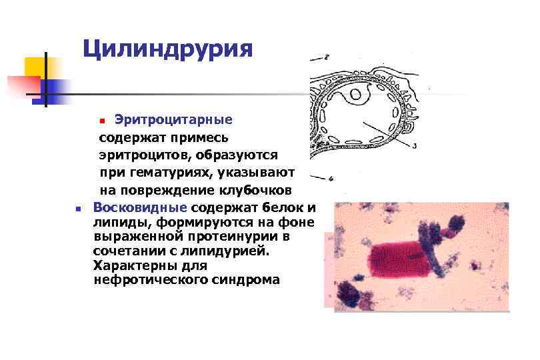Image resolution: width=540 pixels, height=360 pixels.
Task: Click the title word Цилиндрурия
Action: point(168,49)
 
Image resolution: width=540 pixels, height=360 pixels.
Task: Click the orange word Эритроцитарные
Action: point(173,120)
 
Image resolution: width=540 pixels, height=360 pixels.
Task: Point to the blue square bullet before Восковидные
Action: point(78,208)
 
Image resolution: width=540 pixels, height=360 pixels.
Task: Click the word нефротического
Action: point(150,280)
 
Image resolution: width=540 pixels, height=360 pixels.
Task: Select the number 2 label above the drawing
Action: point(325,57)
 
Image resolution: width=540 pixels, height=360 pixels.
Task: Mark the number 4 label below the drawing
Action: point(331,178)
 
